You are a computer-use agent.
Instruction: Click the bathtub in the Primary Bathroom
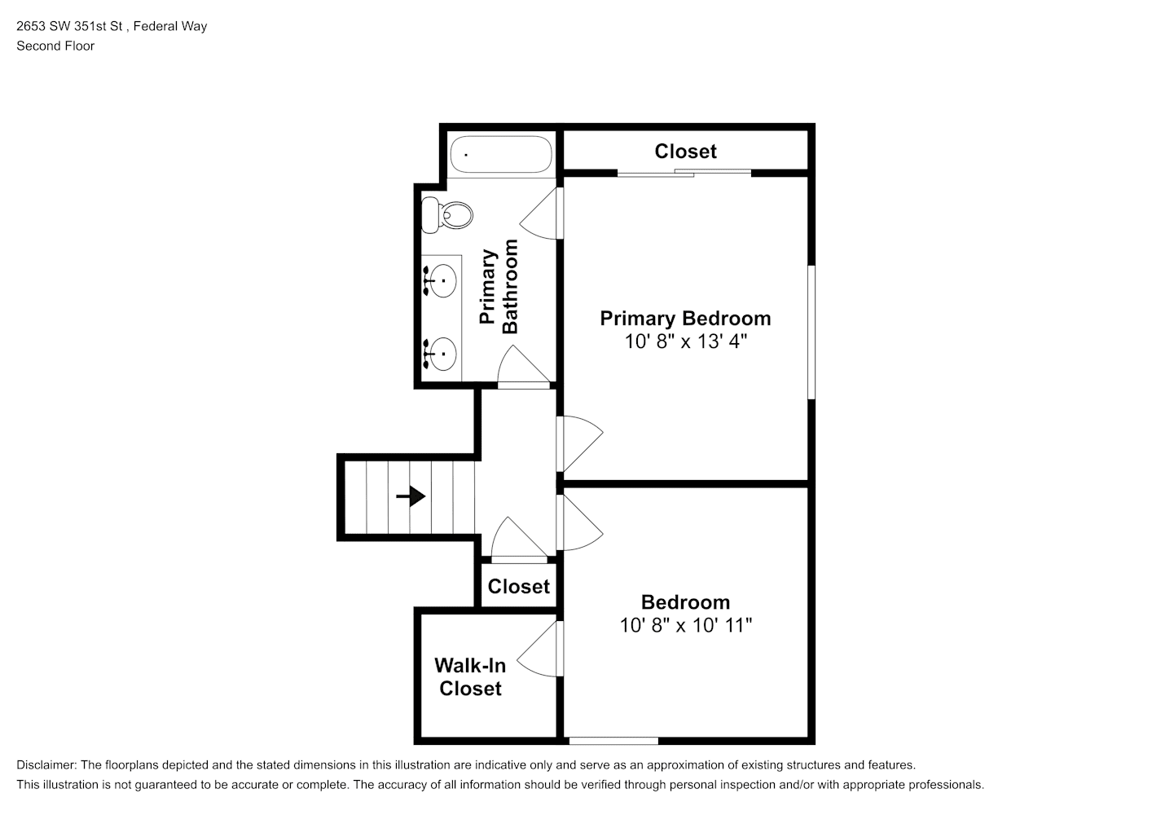pyautogui.click(x=501, y=154)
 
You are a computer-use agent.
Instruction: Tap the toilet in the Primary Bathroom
pyautogui.click(x=447, y=214)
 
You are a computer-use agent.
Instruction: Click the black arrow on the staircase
pyautogui.click(x=411, y=496)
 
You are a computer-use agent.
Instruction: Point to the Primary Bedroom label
pyautogui.click(x=685, y=319)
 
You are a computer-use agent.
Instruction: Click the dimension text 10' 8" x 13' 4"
pyautogui.click(x=685, y=341)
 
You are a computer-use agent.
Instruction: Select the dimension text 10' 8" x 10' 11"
pyautogui.click(x=685, y=625)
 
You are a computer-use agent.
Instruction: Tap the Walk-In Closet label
pyautogui.click(x=470, y=677)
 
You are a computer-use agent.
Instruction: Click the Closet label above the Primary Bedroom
pyautogui.click(x=685, y=152)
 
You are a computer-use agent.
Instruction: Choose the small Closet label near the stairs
pyautogui.click(x=518, y=587)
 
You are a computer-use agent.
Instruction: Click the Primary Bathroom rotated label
pyautogui.click(x=499, y=287)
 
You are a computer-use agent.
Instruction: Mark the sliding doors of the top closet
pyautogui.click(x=684, y=173)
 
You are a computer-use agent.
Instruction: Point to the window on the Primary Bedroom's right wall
pyautogui.click(x=811, y=332)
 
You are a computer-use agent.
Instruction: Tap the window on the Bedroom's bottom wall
pyautogui.click(x=613, y=741)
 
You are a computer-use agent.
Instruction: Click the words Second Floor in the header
pyautogui.click(x=55, y=46)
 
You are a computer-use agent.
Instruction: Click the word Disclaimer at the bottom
pyautogui.click(x=46, y=765)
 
